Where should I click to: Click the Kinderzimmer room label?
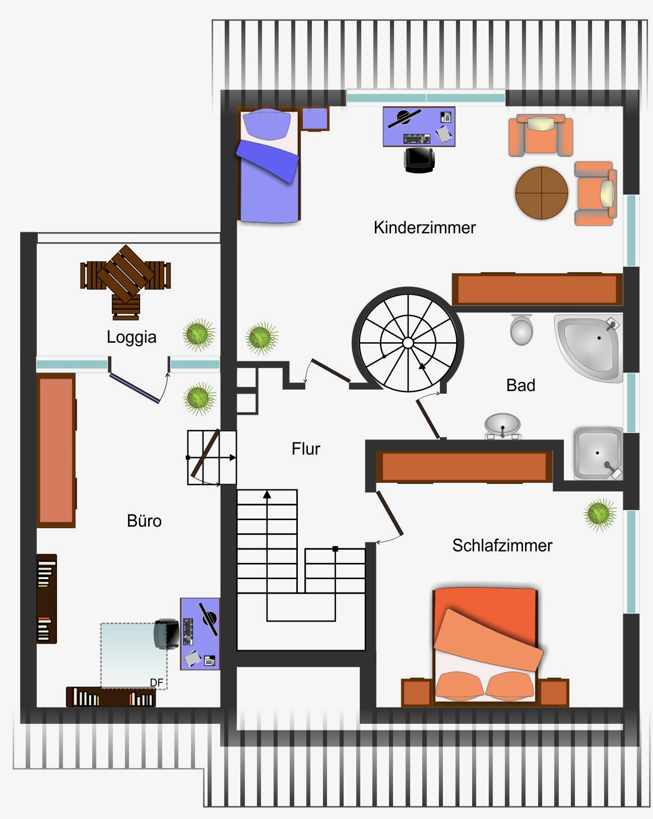coord(425,228)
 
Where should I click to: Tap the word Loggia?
coord(132,337)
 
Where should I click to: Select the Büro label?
coord(144,521)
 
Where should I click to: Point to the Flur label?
coord(306,449)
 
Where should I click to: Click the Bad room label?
coord(520,385)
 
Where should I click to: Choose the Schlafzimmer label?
coord(502,545)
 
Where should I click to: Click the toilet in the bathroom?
coord(521,330)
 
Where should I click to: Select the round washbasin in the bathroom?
coord(502,426)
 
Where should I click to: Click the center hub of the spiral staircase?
coord(408,343)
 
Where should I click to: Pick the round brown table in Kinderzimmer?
coord(542,193)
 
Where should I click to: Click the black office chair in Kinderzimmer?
coord(419,160)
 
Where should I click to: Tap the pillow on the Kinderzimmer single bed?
coord(267,124)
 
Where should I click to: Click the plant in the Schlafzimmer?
coord(600,515)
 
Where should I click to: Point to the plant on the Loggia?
coord(199,335)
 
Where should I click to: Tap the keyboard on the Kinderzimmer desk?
coord(417,139)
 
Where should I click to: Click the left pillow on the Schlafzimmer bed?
coord(460,685)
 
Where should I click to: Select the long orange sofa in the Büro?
coord(56,451)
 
